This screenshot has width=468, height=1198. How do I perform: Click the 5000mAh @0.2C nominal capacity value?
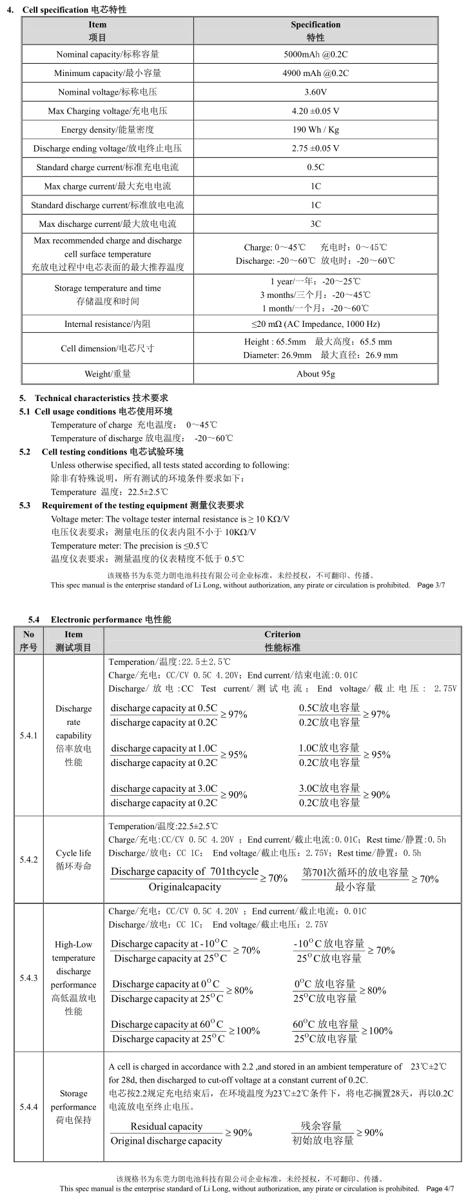pos(315,55)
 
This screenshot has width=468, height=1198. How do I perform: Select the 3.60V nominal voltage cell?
pos(315,92)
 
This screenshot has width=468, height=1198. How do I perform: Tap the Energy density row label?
pos(108,130)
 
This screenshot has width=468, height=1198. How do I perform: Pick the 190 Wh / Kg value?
pos(315,130)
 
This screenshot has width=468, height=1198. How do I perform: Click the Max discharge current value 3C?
pos(315,224)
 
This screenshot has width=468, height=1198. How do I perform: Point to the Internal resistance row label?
pos(108,324)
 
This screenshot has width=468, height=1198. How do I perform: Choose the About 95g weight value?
pos(315,373)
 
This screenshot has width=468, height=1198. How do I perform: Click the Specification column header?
pos(315,30)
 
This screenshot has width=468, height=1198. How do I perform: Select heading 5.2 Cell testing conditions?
pos(112,451)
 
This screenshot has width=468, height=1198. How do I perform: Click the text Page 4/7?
pos(440,1188)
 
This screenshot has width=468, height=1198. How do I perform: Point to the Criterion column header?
pos(282,640)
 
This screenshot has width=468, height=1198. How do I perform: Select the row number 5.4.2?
pos(28,859)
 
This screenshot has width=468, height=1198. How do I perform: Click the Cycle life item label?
pos(73,859)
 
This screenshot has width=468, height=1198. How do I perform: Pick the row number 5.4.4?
pos(28,1107)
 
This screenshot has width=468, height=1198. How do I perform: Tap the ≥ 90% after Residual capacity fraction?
pos(239,1133)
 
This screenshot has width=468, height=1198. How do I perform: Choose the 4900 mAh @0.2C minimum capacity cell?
pos(315,74)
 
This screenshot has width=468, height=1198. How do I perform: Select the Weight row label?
pos(108,373)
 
